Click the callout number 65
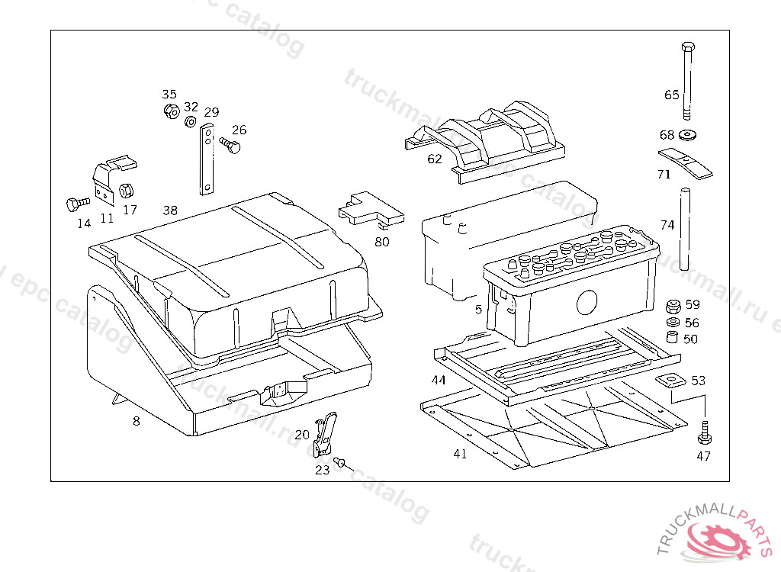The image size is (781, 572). [x=671, y=95]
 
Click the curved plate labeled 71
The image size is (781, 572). [x=686, y=163]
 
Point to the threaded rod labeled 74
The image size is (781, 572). [x=684, y=228]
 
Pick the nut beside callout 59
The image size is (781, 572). [x=673, y=307]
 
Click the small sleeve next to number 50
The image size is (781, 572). [x=672, y=338]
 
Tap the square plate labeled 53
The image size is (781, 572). [x=670, y=381]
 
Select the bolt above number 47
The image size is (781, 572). [x=703, y=434]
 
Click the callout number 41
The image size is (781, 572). [x=459, y=454]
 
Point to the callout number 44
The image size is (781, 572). [x=438, y=380]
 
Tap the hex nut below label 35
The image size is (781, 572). [x=171, y=111]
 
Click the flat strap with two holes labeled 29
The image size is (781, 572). [x=207, y=161]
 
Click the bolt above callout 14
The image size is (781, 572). [x=73, y=204]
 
